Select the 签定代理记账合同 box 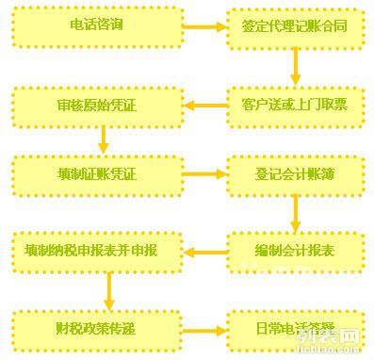[295, 26]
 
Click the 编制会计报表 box [295, 251]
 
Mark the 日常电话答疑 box [295, 329]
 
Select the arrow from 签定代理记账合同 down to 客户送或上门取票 [295, 65]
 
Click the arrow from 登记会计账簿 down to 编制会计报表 [295, 213]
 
